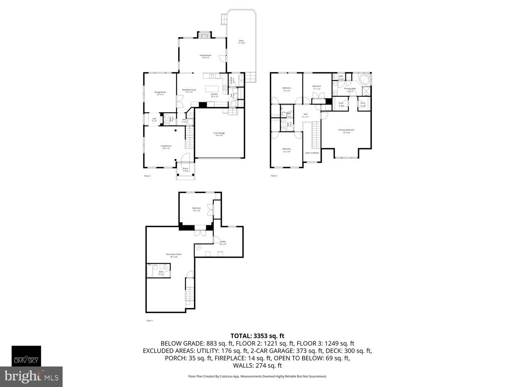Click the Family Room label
205,56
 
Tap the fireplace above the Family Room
205,35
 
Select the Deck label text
241,41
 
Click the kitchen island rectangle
212,88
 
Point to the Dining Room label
160,92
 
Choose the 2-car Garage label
219,134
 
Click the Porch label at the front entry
185,168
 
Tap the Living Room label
166,146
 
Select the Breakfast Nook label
189,90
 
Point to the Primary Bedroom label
346,130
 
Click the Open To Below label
312,153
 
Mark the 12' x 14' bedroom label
286,150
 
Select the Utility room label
223,242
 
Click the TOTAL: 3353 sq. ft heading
257,336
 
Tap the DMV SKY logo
26,356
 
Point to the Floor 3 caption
274,176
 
